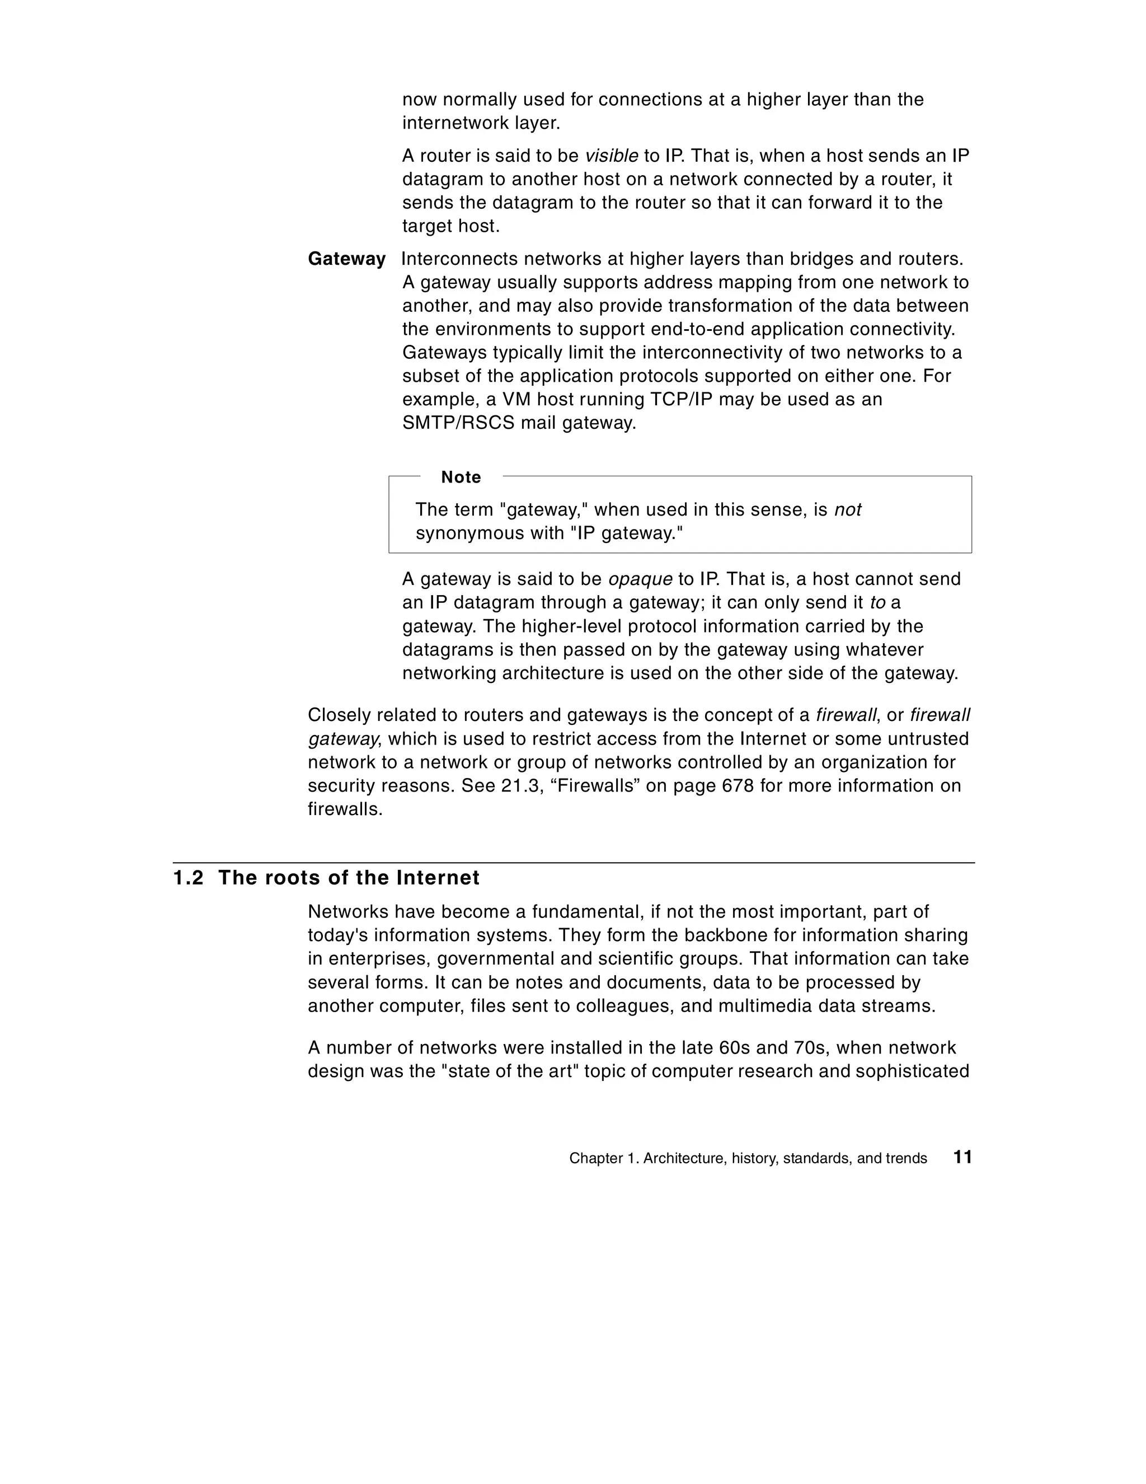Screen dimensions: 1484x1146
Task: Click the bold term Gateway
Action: click(x=346, y=259)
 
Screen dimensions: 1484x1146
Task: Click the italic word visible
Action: click(x=612, y=156)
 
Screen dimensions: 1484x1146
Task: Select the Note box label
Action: click(x=461, y=477)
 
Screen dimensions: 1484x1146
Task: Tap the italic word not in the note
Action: click(x=847, y=509)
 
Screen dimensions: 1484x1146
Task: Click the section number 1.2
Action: click(x=188, y=878)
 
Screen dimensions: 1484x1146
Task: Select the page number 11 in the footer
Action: click(x=962, y=1157)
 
